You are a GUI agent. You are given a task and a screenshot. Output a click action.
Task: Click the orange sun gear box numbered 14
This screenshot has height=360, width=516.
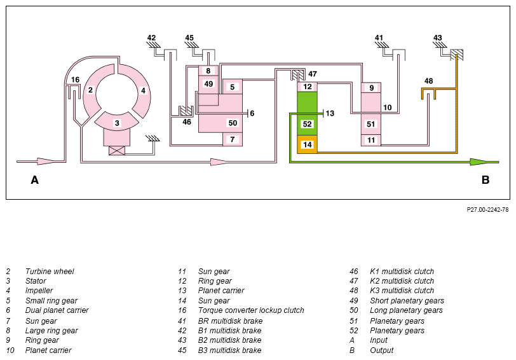pos(307,144)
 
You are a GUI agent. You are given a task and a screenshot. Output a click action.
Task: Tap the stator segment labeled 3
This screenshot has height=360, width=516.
pos(117,123)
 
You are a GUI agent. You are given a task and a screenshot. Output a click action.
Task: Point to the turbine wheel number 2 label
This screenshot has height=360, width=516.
pos(90,90)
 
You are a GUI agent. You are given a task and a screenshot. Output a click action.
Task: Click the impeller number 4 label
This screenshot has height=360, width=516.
pos(143,90)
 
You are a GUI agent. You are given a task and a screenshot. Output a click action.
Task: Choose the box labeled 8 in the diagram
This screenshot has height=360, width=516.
pos(208,71)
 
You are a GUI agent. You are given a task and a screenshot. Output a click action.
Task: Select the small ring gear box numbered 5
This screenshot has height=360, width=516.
pos(233,87)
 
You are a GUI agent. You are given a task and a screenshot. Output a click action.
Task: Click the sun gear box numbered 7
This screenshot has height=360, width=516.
pos(233,139)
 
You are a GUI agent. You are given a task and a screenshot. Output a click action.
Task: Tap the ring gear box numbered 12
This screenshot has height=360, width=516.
pos(307,87)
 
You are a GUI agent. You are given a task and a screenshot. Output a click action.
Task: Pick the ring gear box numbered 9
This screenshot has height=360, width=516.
pos(371,88)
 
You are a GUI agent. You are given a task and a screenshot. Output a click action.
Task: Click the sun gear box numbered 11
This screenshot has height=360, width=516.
pos(371,140)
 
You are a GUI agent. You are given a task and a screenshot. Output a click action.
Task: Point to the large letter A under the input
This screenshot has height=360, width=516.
pos(34,180)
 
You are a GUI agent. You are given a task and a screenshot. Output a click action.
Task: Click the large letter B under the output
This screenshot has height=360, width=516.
pos(485,180)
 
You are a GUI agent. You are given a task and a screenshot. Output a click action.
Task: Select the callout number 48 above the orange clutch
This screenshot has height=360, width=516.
pos(428,81)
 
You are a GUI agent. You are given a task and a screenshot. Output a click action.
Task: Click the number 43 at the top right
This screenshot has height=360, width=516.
pos(437,38)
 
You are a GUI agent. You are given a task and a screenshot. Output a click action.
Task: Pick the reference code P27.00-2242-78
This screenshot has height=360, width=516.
pos(487,210)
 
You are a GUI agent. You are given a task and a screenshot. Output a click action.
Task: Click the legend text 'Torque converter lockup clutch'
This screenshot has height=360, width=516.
pos(251,310)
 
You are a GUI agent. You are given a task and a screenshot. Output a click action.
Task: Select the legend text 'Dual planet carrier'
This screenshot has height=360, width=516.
pos(57,310)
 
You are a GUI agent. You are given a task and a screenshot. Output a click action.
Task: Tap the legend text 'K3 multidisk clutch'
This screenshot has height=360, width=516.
pos(402,291)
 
